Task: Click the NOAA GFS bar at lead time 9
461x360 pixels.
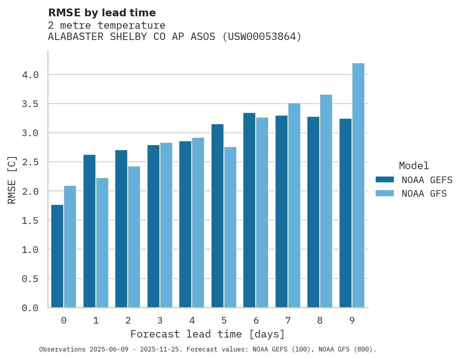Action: (x=358, y=185)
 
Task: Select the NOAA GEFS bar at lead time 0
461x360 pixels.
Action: (x=57, y=256)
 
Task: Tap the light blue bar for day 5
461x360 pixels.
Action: (x=230, y=227)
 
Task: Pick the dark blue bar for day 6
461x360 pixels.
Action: (x=249, y=210)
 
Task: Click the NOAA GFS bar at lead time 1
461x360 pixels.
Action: (x=102, y=242)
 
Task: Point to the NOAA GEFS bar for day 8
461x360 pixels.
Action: (x=313, y=212)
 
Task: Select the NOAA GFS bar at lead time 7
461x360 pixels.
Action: (x=294, y=205)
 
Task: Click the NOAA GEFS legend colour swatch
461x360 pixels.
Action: (x=385, y=180)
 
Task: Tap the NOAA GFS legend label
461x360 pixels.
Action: (x=424, y=194)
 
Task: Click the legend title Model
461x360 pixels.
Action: (x=414, y=166)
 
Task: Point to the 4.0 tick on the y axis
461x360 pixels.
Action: (x=30, y=75)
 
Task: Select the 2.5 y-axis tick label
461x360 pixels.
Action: (x=30, y=162)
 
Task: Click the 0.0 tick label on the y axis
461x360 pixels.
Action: (x=30, y=308)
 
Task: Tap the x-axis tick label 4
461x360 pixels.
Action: (x=192, y=321)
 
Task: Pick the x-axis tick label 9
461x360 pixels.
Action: (x=352, y=321)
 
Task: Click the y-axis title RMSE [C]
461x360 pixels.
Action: (x=12, y=180)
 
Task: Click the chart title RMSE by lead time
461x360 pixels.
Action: (x=102, y=13)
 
